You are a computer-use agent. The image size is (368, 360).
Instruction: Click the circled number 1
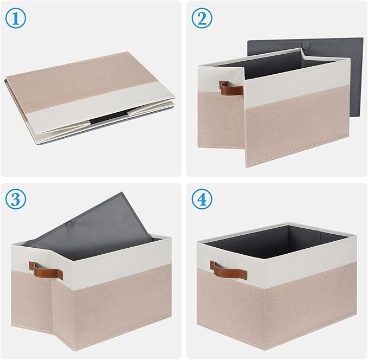(16, 18)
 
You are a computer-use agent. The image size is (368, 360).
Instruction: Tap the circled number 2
(202, 18)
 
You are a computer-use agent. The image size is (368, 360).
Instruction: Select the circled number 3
(16, 200)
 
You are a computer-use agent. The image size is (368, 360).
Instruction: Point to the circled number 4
(202, 200)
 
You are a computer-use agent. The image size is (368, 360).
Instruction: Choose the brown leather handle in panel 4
(228, 269)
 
